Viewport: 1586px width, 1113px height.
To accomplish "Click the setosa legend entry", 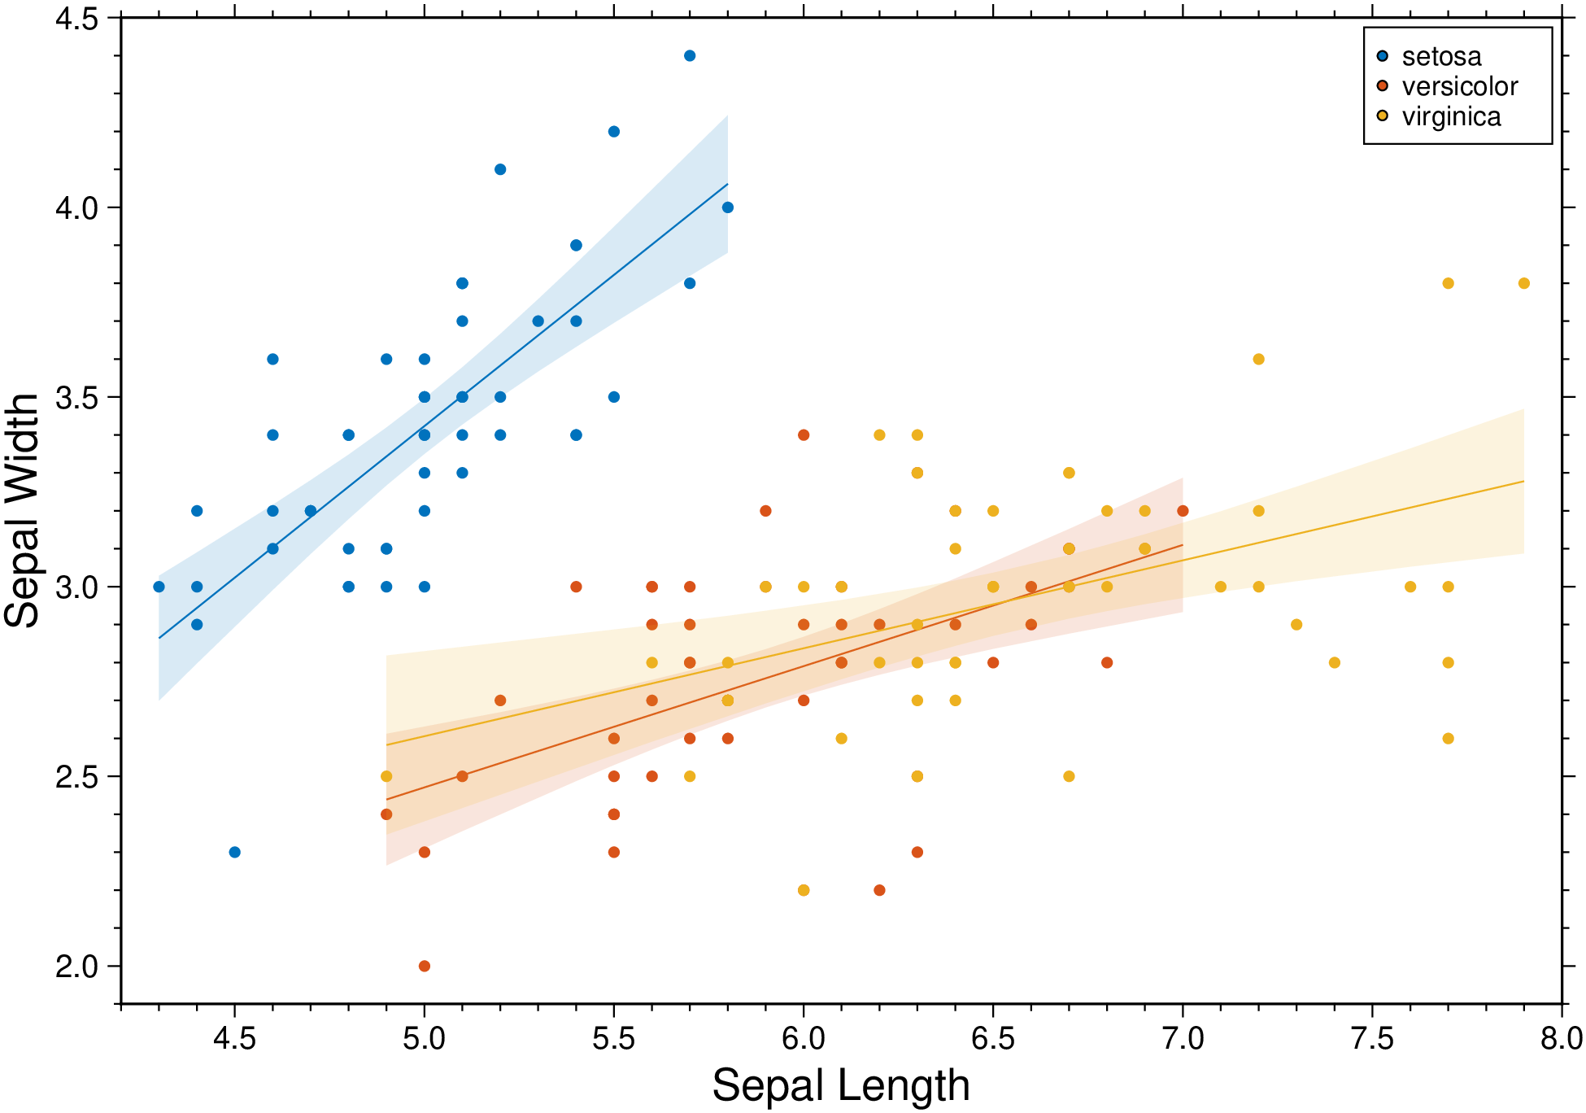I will pyautogui.click(x=1441, y=57).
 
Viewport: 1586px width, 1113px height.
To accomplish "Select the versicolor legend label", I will pyautogui.click(x=1460, y=86).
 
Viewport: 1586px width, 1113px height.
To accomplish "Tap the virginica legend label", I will pyautogui.click(x=1451, y=116).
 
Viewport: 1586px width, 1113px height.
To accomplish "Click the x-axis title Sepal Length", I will pyautogui.click(x=841, y=1085).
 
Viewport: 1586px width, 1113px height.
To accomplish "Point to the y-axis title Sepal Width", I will pyautogui.click(x=22, y=510).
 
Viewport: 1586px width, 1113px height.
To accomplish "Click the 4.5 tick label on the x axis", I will pyautogui.click(x=234, y=1039).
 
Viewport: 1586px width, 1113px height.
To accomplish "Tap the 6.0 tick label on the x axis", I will pyautogui.click(x=804, y=1039).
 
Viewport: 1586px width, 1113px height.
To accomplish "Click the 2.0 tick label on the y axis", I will pyautogui.click(x=76, y=967).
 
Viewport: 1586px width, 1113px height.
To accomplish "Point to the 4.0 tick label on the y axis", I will pyautogui.click(x=76, y=208).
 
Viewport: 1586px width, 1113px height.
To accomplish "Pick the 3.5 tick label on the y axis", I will pyautogui.click(x=76, y=398).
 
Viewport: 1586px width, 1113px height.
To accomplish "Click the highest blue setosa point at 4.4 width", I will pyautogui.click(x=690, y=56).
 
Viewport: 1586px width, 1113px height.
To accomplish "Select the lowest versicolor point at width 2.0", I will pyautogui.click(x=424, y=966).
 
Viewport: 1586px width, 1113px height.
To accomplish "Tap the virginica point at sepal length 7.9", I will pyautogui.click(x=1523, y=283).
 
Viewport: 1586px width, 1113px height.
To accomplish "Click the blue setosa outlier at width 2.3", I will pyautogui.click(x=234, y=852).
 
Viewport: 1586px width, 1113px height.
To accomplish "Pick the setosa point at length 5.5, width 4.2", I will pyautogui.click(x=614, y=132).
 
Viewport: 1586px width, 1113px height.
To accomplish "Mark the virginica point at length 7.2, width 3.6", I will pyautogui.click(x=1258, y=359).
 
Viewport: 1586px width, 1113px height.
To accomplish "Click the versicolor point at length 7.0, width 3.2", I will pyautogui.click(x=1183, y=511).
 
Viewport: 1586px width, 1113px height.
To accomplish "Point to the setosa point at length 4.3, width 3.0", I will pyautogui.click(x=159, y=587).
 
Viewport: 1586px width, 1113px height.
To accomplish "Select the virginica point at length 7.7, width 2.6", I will pyautogui.click(x=1448, y=738).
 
